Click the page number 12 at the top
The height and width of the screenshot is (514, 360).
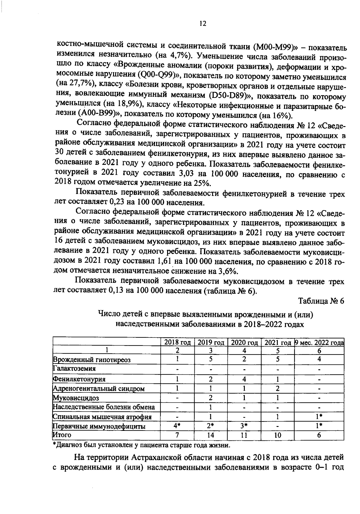pos(202,24)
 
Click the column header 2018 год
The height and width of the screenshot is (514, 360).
pos(177,343)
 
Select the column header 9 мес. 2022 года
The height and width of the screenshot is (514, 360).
pos(319,343)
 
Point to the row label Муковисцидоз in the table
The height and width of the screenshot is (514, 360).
pos(76,398)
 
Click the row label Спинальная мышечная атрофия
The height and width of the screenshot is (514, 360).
pos(102,417)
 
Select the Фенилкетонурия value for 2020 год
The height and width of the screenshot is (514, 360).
pos(244,379)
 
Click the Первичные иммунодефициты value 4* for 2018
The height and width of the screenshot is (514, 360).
pos(177,426)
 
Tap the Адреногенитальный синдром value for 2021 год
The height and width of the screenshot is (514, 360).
pos(278,389)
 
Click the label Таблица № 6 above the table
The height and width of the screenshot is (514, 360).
pos(321,301)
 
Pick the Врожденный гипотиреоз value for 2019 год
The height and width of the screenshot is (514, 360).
pos(211,359)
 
